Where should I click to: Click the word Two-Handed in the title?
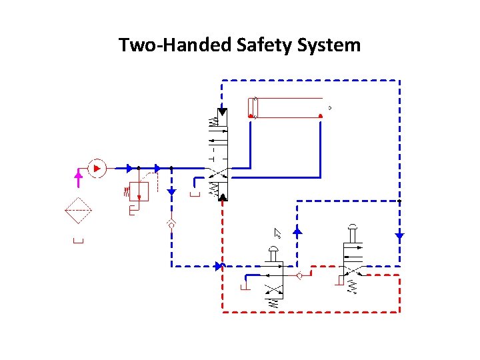tap(175, 45)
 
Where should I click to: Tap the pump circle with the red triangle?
tap(97, 169)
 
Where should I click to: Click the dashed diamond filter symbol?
tap(78, 214)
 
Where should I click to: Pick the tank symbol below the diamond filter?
tap(78, 241)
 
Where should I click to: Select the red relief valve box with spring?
tap(139, 191)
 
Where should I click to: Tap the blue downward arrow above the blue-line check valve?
tap(171, 192)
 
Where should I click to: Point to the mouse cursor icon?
tap(278, 233)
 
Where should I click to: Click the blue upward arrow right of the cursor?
tap(297, 231)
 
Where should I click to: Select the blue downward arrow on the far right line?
tap(399, 235)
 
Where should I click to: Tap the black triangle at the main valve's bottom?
tap(222, 197)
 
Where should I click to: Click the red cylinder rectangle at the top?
tap(287, 107)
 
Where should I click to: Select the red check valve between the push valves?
tap(299, 275)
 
